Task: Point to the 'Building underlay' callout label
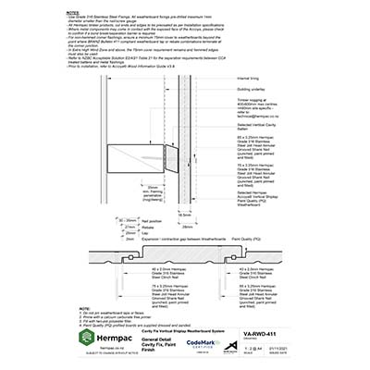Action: pos(252,91)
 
